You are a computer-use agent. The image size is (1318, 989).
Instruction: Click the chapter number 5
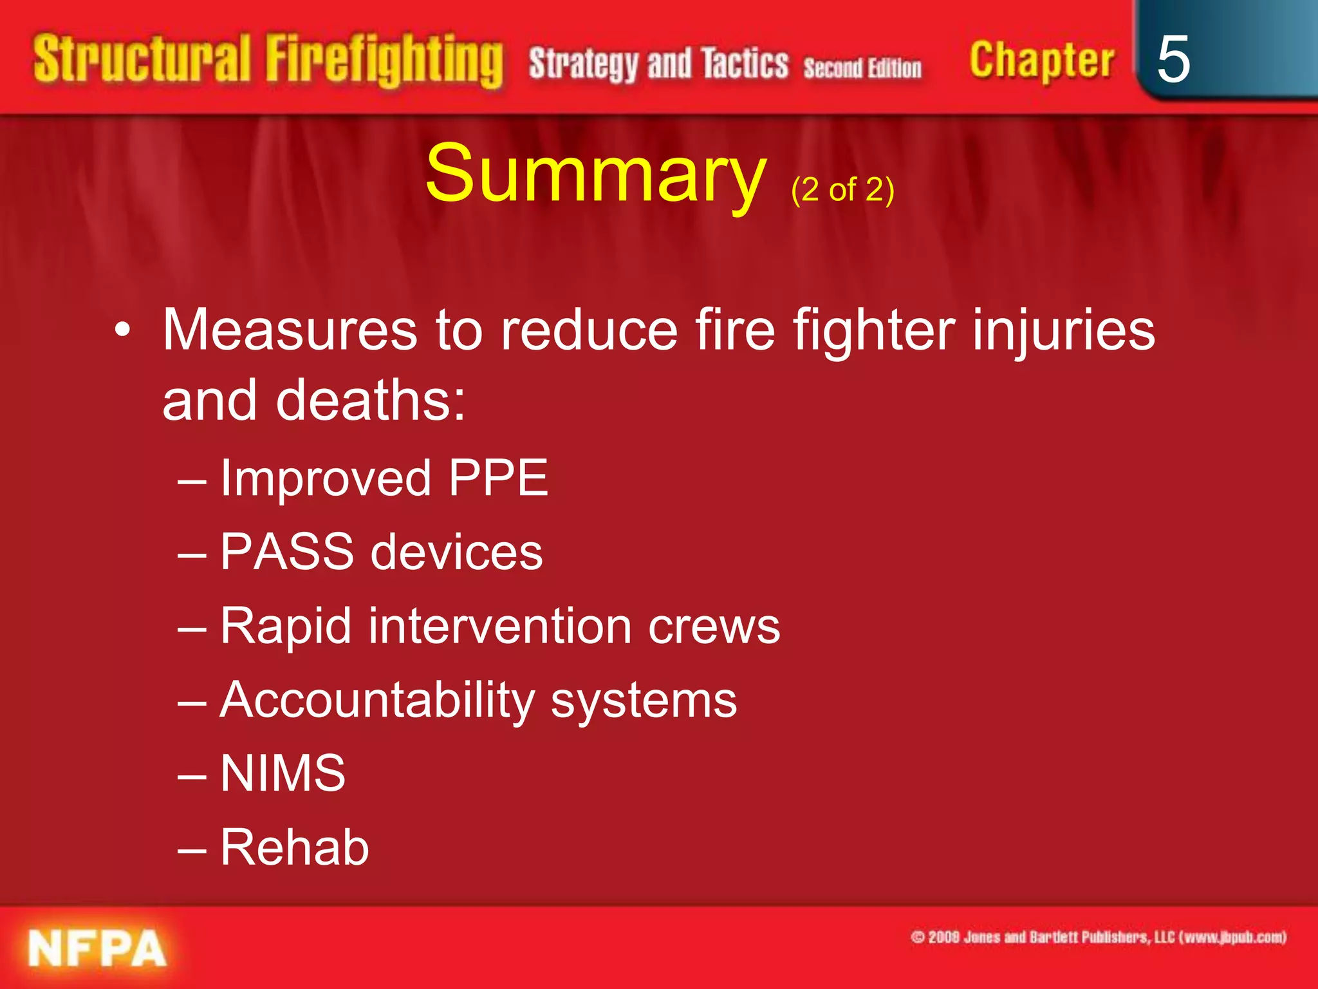1173,59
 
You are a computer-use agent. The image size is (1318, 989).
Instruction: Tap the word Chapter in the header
1041,62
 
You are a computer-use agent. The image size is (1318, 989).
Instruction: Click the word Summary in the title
595,174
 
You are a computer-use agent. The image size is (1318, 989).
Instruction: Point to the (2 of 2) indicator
842,190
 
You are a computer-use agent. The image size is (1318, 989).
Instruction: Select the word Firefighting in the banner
384,62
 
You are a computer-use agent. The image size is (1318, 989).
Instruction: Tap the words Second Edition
862,68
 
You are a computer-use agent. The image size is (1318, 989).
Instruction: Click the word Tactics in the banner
745,64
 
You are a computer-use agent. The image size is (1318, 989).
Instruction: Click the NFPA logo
97,948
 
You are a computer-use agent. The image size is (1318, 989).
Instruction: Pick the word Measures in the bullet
290,330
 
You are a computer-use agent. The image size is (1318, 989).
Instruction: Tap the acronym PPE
498,478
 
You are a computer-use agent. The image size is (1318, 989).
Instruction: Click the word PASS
287,552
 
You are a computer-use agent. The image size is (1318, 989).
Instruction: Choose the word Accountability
377,701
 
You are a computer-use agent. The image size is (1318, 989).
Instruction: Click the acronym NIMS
283,773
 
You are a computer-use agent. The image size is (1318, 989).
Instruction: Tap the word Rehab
295,847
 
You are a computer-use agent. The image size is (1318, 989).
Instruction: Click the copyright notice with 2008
1098,937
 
